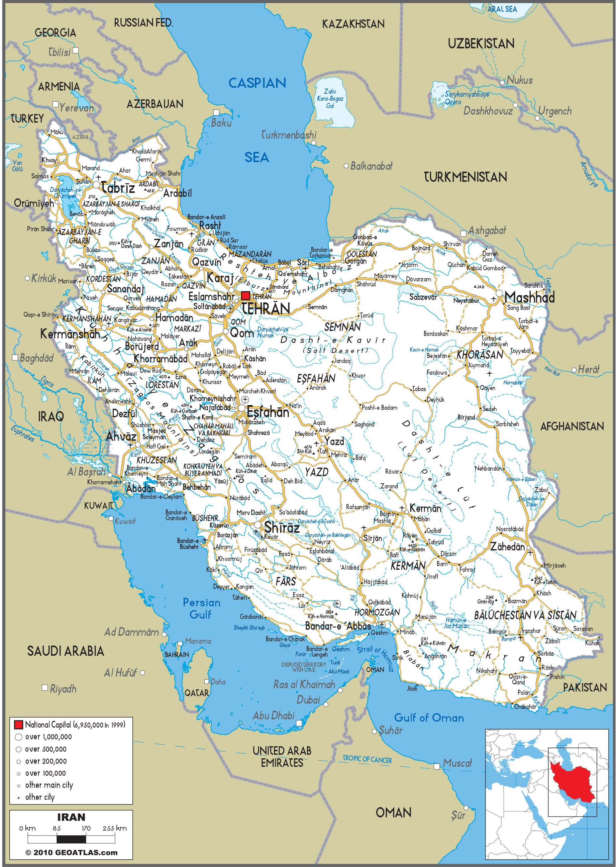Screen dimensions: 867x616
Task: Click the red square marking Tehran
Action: (245, 296)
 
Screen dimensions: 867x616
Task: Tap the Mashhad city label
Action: (529, 297)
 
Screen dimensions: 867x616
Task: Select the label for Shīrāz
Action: (282, 527)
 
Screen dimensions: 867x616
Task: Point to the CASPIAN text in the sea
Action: (257, 83)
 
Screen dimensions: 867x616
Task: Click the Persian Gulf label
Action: (201, 608)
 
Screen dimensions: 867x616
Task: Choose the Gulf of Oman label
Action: (429, 718)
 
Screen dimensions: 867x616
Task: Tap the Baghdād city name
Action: (36, 358)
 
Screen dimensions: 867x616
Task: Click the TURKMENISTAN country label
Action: (465, 177)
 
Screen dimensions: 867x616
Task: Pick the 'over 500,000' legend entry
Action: (45, 749)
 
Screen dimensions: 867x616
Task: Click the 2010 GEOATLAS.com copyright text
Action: (71, 853)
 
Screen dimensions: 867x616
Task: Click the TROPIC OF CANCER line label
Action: (367, 759)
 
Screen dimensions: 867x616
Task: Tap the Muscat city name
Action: (457, 763)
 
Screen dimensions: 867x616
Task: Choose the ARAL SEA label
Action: (502, 9)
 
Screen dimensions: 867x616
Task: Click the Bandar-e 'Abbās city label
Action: (338, 626)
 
